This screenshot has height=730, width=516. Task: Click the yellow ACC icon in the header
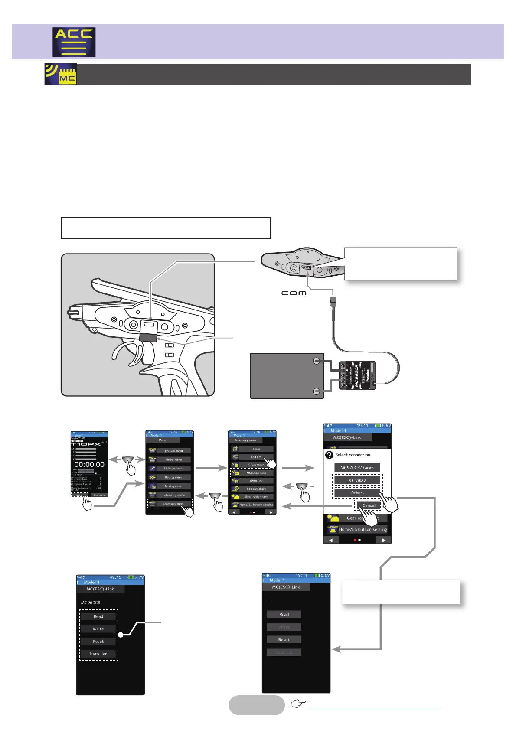coord(74,42)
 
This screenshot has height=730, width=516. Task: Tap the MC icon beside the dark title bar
coord(61,74)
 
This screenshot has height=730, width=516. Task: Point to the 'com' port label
coord(294,293)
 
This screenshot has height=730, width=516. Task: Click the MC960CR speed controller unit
coord(357,375)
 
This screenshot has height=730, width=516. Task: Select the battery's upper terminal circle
coord(317,361)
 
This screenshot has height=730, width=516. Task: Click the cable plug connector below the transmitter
coord(333,302)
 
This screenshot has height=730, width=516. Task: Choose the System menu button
coord(173,451)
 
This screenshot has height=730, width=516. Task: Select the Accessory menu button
coord(173,504)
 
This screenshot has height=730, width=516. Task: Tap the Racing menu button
coord(173,477)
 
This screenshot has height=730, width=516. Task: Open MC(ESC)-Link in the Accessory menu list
coord(256,473)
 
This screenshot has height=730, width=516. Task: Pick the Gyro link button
coord(256,481)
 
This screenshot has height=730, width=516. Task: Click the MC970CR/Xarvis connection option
coord(357,468)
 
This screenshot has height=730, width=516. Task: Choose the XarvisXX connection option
coord(357,480)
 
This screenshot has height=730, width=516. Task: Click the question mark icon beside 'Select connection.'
coord(329,455)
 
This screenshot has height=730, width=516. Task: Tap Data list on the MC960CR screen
coord(98,654)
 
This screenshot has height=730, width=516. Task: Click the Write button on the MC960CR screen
coord(98,629)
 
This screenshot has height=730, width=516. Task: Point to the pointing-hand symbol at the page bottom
coord(298,704)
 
